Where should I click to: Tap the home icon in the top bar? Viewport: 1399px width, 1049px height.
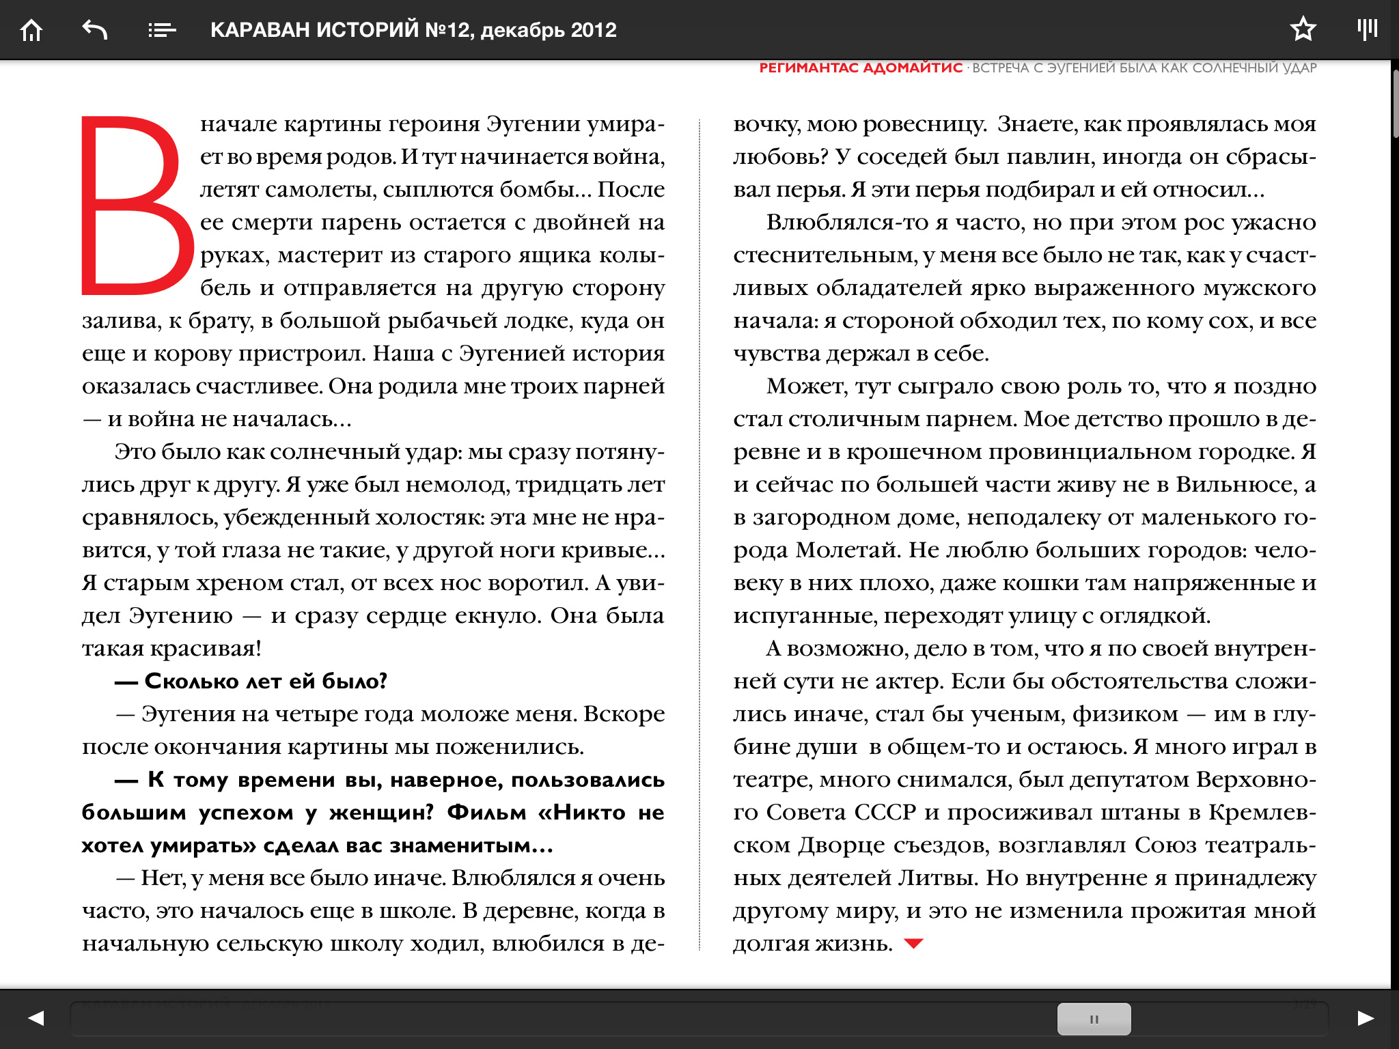click(x=31, y=30)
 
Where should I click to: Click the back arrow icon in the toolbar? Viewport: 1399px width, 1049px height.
click(x=95, y=30)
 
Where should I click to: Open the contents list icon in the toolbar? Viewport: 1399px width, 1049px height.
click(x=162, y=30)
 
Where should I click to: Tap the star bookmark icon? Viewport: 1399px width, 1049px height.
click(x=1303, y=29)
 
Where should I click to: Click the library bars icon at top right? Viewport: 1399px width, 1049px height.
click(x=1367, y=29)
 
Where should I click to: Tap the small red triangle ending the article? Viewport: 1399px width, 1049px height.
click(x=913, y=944)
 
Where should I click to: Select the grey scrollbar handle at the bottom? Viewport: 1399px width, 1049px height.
click(x=1094, y=1019)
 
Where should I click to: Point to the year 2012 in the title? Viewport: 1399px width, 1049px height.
click(x=594, y=30)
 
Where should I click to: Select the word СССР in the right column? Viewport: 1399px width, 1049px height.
click(x=885, y=813)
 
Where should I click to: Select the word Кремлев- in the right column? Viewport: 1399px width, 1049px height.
click(x=1262, y=813)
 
